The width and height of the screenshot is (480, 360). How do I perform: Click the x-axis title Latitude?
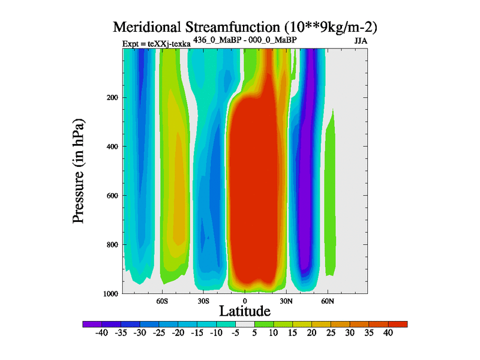(244, 311)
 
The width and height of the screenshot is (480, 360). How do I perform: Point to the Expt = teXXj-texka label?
(156, 44)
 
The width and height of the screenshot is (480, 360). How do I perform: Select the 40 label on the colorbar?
(388, 334)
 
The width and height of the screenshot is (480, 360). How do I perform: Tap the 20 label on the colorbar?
(311, 334)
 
